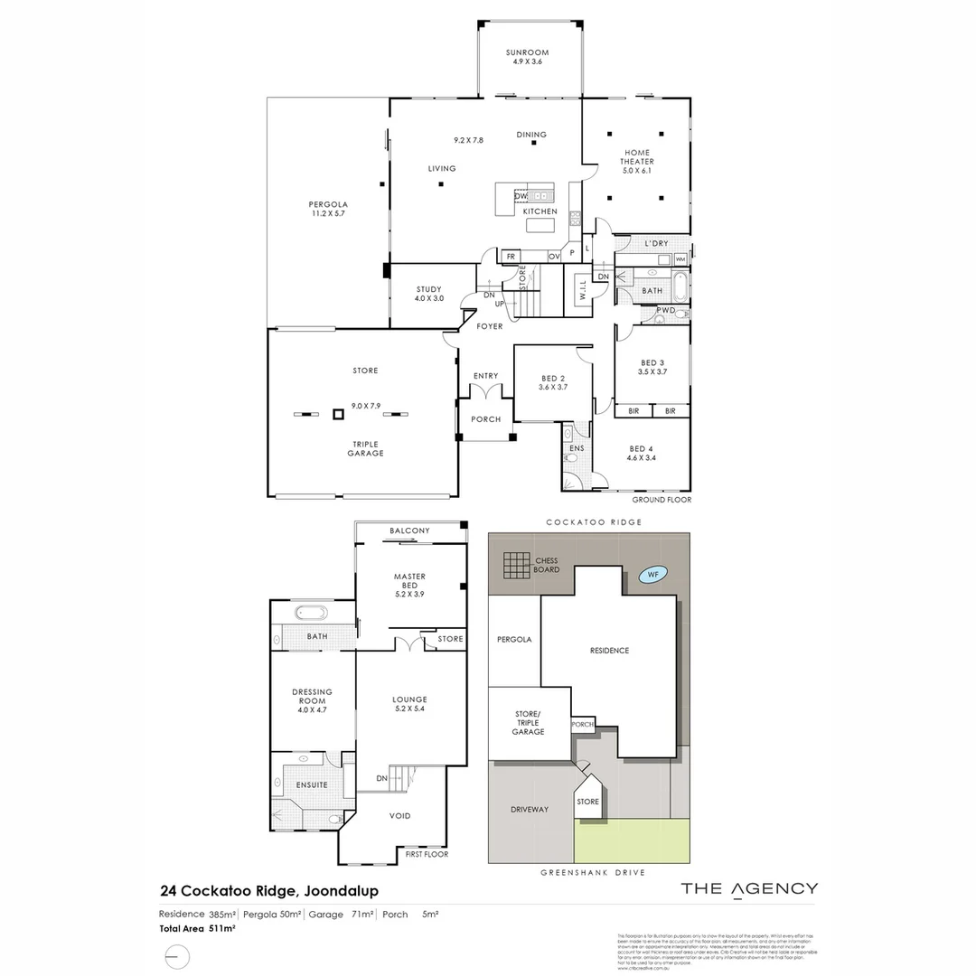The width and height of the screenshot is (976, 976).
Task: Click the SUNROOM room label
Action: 527,53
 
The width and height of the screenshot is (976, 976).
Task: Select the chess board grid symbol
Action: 519,566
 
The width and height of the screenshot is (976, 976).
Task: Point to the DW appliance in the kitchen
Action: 521,195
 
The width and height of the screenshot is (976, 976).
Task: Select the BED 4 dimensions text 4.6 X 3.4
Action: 641,459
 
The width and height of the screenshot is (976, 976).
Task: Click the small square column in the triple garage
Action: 338,414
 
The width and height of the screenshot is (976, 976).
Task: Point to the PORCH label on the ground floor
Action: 485,419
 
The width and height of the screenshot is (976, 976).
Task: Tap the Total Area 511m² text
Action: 198,928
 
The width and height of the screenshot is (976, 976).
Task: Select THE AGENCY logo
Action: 749,888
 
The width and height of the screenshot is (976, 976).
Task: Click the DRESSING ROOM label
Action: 312,696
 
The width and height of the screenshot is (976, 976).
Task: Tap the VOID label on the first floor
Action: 399,816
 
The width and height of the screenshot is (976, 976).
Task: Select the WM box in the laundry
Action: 680,259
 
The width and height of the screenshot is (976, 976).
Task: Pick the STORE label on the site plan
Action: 587,802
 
